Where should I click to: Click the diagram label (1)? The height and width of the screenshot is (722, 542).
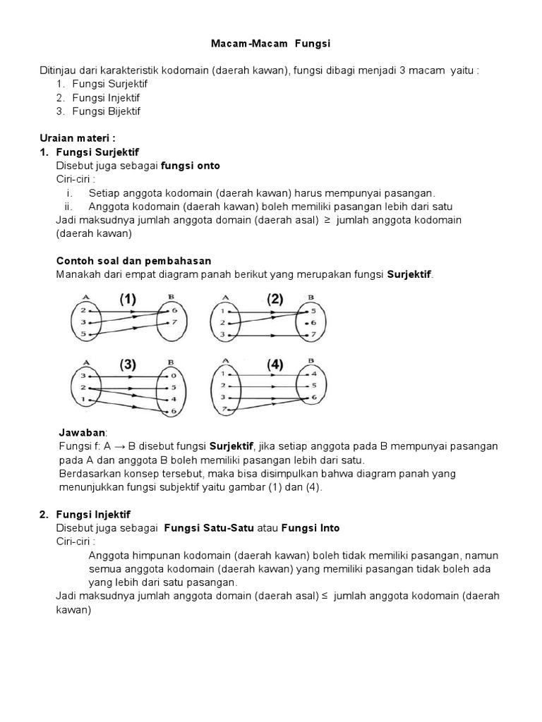[x=127, y=299]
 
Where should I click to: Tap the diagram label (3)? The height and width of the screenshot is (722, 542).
[x=127, y=365]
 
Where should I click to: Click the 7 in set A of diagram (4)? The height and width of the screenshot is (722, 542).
[x=224, y=410]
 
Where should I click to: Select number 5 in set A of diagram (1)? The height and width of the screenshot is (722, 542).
[x=83, y=333]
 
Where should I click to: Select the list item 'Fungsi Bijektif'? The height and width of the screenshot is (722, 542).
[x=106, y=111]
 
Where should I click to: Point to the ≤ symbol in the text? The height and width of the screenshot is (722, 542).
[x=325, y=596]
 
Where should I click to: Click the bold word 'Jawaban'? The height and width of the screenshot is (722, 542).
[x=80, y=432]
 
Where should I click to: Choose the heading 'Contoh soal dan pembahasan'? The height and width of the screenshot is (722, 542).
[x=133, y=260]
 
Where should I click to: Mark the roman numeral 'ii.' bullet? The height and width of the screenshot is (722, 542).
[x=68, y=207]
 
